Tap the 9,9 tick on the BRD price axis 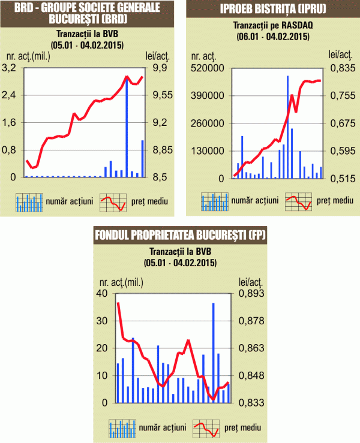click(157, 68)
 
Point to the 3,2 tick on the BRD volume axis click(13, 68)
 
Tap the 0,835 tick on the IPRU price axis click(341, 68)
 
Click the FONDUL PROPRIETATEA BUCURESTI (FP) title click(181, 235)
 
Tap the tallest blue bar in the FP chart click(213, 353)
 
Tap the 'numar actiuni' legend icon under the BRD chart click(29, 202)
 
